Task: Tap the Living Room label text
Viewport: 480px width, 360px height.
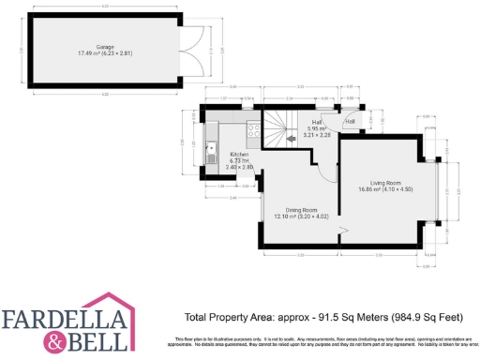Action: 385,182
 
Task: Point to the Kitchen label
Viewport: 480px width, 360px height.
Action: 240,154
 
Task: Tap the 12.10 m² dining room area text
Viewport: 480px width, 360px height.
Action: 283,217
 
